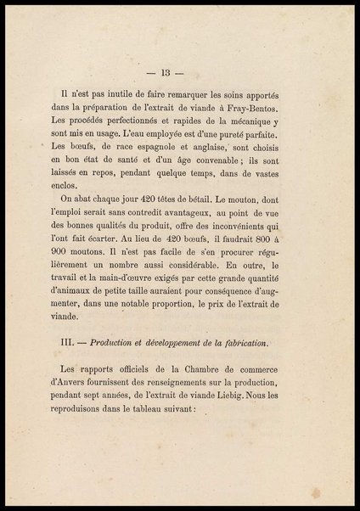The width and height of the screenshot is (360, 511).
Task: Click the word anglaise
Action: [x=203, y=158]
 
